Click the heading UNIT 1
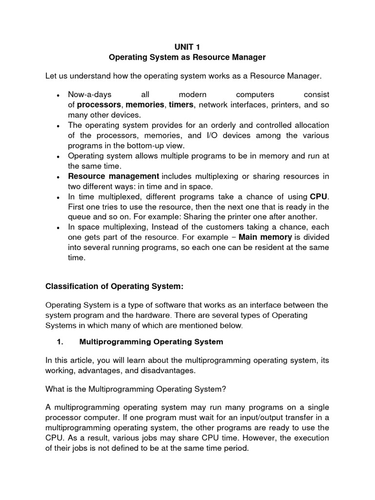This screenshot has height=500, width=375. pyautogui.click(x=187, y=47)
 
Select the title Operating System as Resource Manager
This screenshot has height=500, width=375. pyautogui.click(x=187, y=58)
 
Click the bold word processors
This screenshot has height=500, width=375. pyautogui.click(x=99, y=104)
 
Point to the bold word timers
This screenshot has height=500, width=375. pyautogui.click(x=181, y=104)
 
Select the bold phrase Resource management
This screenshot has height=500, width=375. pyautogui.click(x=113, y=176)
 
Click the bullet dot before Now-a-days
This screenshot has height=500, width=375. pyautogui.click(x=58, y=95)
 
